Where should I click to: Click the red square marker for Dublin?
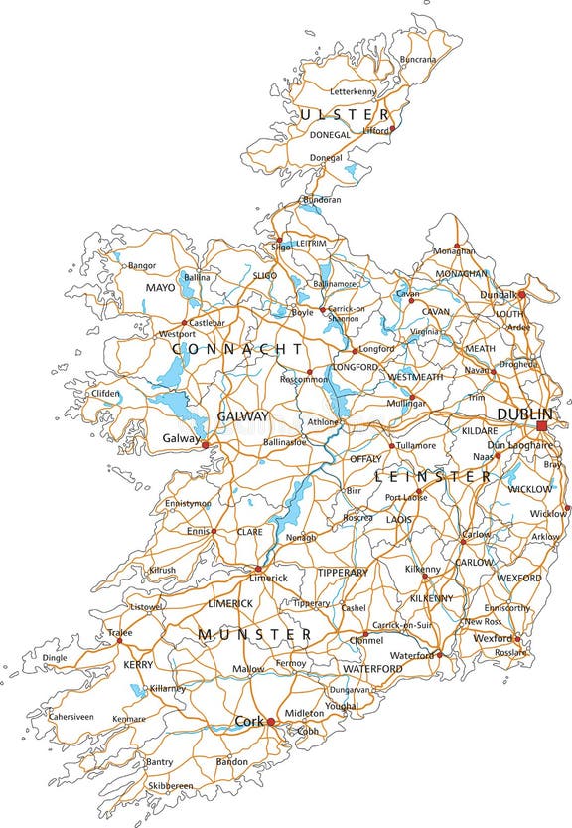coord(541,426)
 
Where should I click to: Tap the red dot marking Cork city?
coord(269,722)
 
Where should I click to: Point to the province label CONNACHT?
coord(237,350)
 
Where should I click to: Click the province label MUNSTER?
coord(254,634)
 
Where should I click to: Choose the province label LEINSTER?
coord(432,477)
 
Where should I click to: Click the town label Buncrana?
coord(417,60)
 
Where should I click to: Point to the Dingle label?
coord(55,657)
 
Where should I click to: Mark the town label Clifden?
coord(105,393)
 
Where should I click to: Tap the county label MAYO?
coord(160,288)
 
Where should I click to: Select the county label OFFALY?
coord(365,459)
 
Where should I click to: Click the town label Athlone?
coord(324,422)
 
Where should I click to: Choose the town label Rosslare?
coord(510,652)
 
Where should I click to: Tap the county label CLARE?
coord(250,532)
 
